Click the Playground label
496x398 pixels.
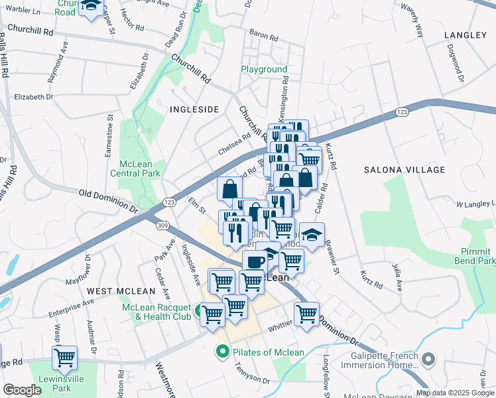tap(264, 69)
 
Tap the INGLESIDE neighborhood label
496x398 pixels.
tap(194, 109)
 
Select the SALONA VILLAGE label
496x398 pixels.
tap(404, 170)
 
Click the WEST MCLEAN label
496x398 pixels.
tap(121, 291)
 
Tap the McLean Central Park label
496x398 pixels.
tap(141, 168)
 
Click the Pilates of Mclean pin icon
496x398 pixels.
tap(223, 352)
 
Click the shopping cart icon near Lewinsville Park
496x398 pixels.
tap(65, 358)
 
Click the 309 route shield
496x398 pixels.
tap(162, 226)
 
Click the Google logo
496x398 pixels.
tap(22, 390)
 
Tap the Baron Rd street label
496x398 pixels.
tap(262, 32)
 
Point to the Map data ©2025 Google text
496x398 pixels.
tap(454, 393)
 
